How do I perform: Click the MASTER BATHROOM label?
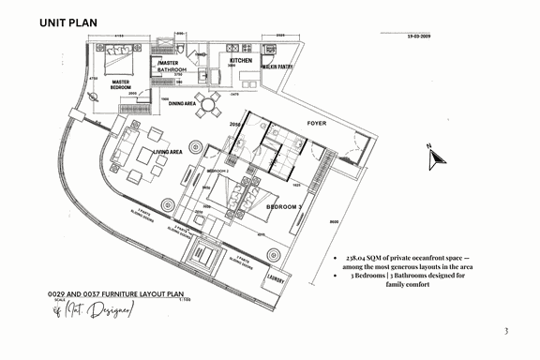pyautogui.click(x=172, y=67)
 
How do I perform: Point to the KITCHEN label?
pyautogui.click(x=242, y=60)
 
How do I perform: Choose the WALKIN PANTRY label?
pyautogui.click(x=280, y=67)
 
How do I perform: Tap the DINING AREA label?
pyautogui.click(x=182, y=103)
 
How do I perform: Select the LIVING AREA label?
pyautogui.click(x=168, y=151)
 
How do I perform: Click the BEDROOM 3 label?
pyautogui.click(x=282, y=205)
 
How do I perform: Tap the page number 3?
pyautogui.click(x=505, y=331)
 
